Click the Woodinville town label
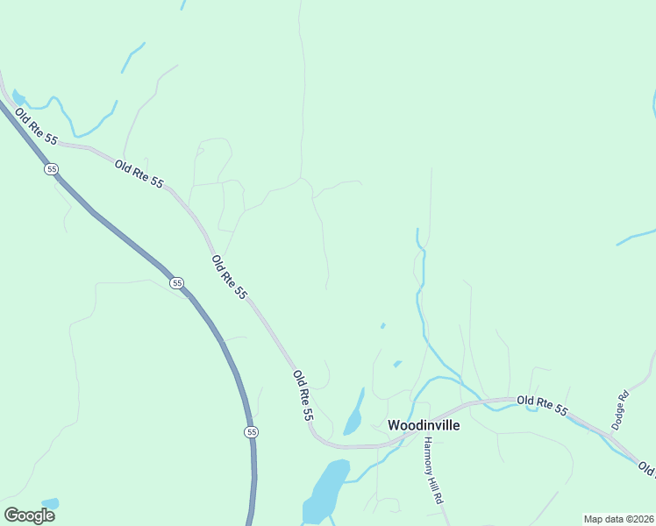(420, 424)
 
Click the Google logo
(29, 515)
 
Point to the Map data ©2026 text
(618, 518)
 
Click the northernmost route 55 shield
(52, 168)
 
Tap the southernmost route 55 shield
(252, 432)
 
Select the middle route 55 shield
(177, 282)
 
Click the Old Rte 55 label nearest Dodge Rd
(542, 406)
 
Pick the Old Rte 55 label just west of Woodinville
(303, 395)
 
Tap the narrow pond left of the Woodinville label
(354, 413)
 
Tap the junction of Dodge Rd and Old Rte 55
(611, 434)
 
